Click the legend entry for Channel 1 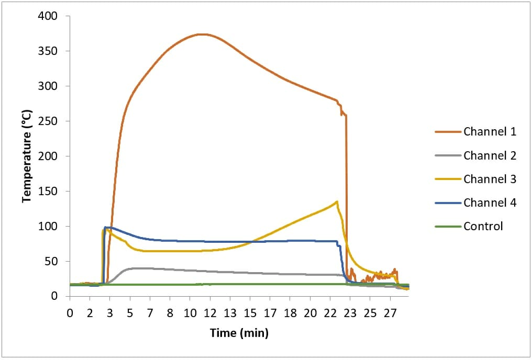(x=490, y=131)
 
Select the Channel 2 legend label (x=490, y=155)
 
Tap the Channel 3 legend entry (x=490, y=179)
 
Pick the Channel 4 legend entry (x=490, y=203)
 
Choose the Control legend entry (x=483, y=226)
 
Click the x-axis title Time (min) (x=239, y=333)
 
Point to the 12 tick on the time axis (x=210, y=313)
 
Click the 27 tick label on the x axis (x=390, y=313)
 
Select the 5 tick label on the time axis (x=130, y=313)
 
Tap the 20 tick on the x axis (x=310, y=313)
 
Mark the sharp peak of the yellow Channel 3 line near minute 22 (x=337, y=201)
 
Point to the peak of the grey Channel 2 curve (x=137, y=268)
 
